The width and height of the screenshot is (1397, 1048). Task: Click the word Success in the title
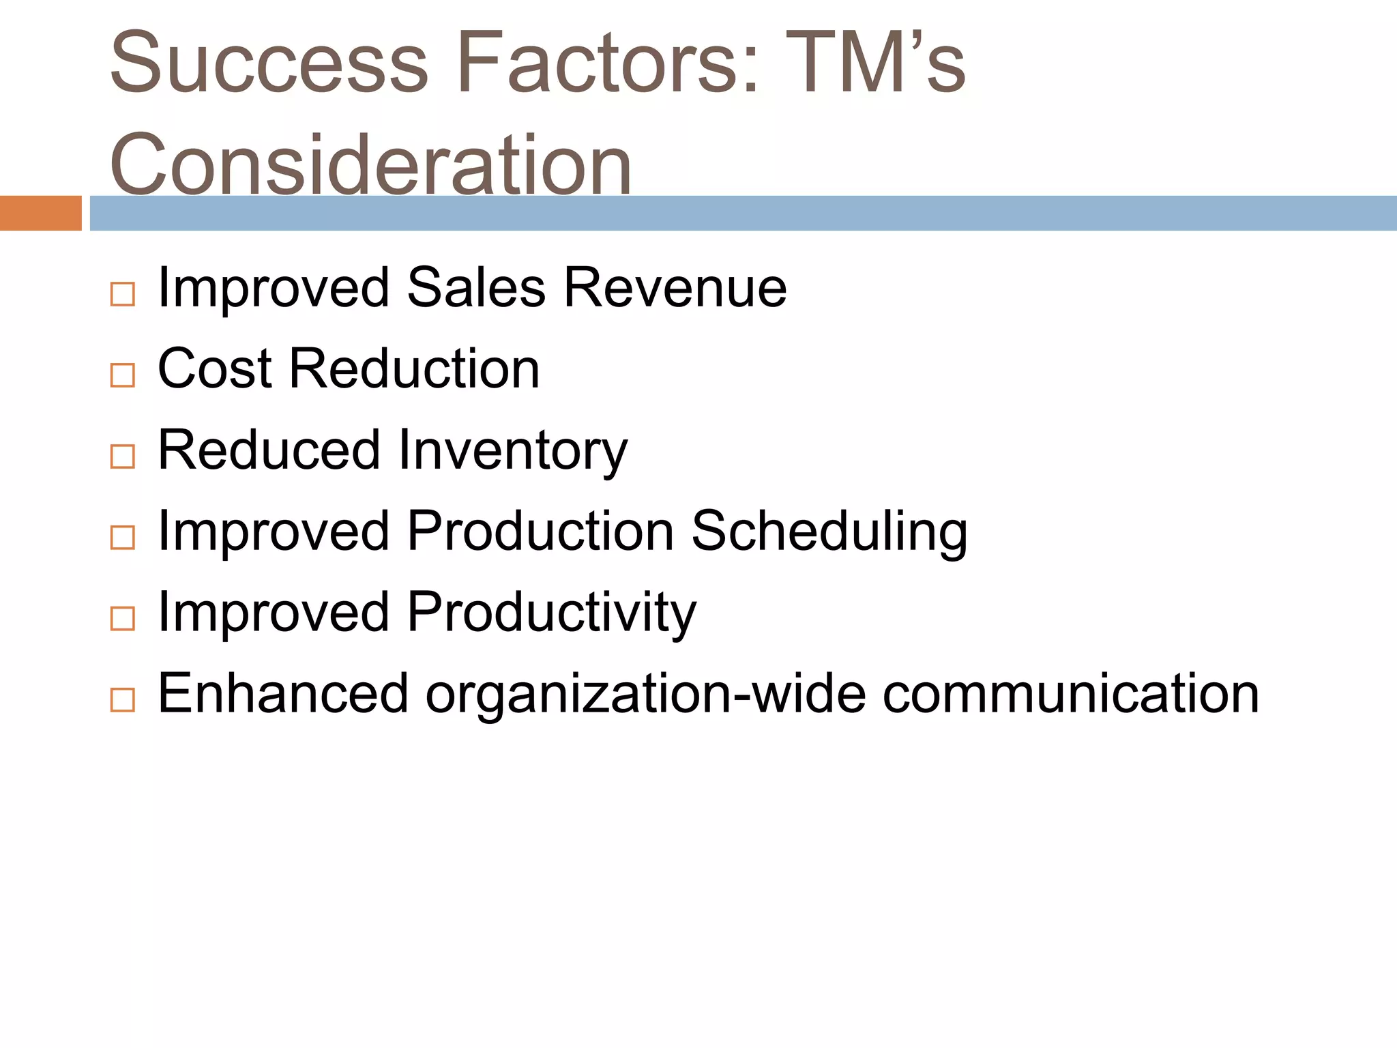tap(269, 63)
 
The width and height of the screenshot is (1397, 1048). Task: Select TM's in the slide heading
tap(877, 63)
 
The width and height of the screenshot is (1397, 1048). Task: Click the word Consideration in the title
tap(370, 164)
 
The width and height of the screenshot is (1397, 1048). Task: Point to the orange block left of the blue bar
tap(40, 213)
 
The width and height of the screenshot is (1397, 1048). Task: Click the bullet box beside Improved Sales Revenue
tap(123, 294)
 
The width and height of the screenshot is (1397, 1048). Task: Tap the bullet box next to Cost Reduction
tap(123, 375)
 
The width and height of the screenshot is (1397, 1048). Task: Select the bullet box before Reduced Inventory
tap(123, 456)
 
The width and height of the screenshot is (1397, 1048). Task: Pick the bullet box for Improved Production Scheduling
tap(123, 538)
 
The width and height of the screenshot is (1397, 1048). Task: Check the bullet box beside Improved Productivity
tap(123, 619)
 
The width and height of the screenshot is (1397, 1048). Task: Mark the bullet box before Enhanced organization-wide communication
tap(123, 700)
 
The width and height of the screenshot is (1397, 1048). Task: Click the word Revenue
tap(675, 288)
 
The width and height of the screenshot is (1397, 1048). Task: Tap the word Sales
tap(476, 288)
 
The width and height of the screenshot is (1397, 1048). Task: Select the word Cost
tap(215, 369)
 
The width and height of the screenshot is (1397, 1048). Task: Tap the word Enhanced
tap(282, 694)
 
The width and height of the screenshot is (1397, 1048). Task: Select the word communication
tap(1070, 694)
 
